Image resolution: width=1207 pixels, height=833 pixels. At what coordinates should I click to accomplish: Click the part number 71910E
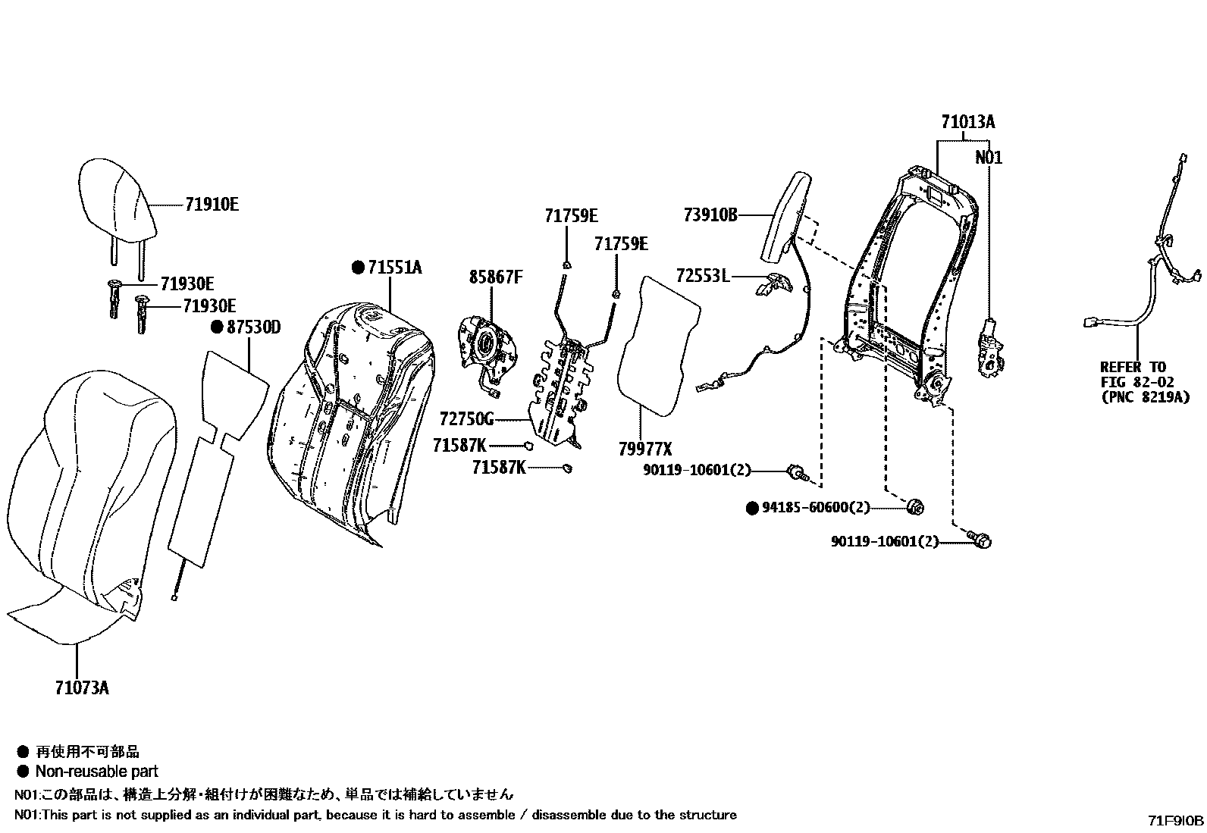coord(212,204)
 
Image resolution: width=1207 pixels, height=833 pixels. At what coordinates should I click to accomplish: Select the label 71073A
coord(82,688)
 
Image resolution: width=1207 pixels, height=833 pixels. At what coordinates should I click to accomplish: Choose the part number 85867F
coord(496,277)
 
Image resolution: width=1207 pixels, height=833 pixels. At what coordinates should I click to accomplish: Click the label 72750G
coord(466,419)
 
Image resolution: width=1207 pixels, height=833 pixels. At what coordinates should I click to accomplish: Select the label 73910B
coord(710,215)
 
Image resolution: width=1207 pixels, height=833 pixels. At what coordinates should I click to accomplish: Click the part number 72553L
coord(703,277)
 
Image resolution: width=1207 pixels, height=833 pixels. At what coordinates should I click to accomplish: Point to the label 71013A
coord(968,122)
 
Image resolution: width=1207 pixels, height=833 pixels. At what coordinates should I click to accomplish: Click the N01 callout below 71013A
coord(989,158)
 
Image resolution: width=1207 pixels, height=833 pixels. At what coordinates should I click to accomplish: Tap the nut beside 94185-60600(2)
coord(914,507)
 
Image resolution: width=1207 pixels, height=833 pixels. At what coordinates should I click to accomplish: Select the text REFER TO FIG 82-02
coord(1135,374)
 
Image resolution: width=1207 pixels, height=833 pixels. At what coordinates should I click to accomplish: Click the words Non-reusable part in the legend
coord(97,772)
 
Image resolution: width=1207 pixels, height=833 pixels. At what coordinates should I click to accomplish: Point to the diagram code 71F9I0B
coord(1175,821)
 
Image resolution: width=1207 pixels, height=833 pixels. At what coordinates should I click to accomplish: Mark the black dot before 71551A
coord(359,268)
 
